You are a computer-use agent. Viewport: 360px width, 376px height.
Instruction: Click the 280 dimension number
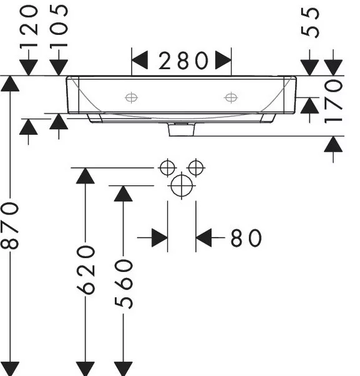point(183,61)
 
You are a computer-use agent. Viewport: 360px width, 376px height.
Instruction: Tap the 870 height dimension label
point(10,226)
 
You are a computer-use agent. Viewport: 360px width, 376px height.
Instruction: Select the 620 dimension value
point(86,270)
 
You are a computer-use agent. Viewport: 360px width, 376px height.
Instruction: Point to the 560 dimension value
point(124,284)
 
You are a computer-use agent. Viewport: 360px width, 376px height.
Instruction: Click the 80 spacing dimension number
point(246,238)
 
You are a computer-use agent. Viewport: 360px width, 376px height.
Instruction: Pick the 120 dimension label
point(29,27)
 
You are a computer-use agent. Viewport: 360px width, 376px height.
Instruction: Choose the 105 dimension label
point(59,26)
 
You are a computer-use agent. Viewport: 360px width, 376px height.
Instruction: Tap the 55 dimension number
point(310,22)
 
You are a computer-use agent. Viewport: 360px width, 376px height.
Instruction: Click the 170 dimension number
point(333,102)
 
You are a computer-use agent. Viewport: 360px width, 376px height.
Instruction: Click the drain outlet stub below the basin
point(182,130)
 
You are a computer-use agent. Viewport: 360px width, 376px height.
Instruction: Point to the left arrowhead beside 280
point(140,60)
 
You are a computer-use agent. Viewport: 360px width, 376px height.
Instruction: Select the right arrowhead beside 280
point(223,60)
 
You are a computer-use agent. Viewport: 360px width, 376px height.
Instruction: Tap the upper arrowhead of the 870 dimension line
point(10,84)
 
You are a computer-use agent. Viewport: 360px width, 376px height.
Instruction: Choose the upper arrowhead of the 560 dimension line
point(124,193)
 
